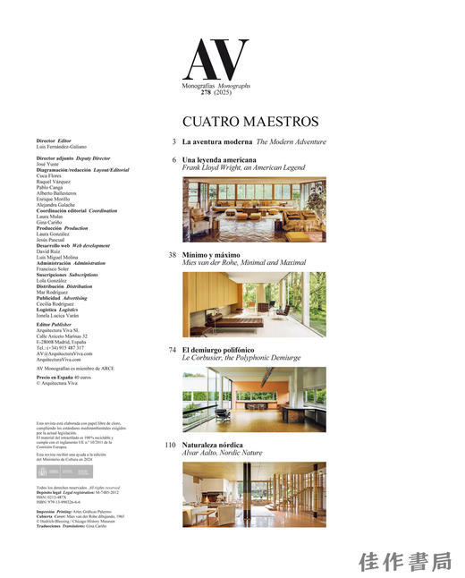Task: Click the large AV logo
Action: (x=211, y=60)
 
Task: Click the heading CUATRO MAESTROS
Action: (x=250, y=121)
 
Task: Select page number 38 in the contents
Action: (x=170, y=255)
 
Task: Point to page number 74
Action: (x=170, y=350)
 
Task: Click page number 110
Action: (x=169, y=445)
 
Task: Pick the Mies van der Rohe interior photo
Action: (x=254, y=303)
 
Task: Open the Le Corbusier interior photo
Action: (x=254, y=399)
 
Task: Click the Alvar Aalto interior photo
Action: (x=254, y=493)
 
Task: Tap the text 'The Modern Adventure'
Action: (x=291, y=141)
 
